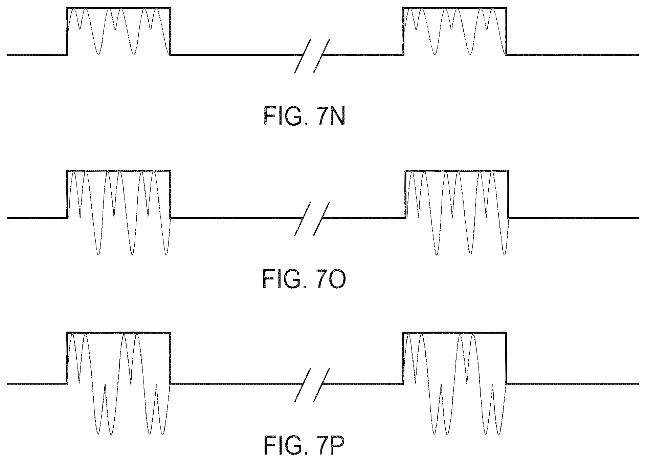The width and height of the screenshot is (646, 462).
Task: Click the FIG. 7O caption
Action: (x=304, y=280)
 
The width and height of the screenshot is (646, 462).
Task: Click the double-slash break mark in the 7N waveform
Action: (x=312, y=56)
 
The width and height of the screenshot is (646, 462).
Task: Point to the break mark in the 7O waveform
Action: (x=312, y=218)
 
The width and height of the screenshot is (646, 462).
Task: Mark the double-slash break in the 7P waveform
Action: (x=312, y=384)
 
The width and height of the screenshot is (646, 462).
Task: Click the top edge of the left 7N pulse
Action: (x=118, y=7)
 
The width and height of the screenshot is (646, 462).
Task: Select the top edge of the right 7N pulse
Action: (x=454, y=7)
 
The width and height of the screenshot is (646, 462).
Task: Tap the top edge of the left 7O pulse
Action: (x=118, y=170)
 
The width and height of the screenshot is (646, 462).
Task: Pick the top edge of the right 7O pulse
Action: (x=457, y=170)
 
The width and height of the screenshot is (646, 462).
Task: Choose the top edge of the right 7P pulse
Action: (x=454, y=333)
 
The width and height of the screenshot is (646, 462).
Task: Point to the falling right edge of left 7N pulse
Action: (x=170, y=31)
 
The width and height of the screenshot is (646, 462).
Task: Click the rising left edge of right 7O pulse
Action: (x=405, y=194)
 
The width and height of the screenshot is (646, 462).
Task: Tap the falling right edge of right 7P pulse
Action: (x=506, y=358)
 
